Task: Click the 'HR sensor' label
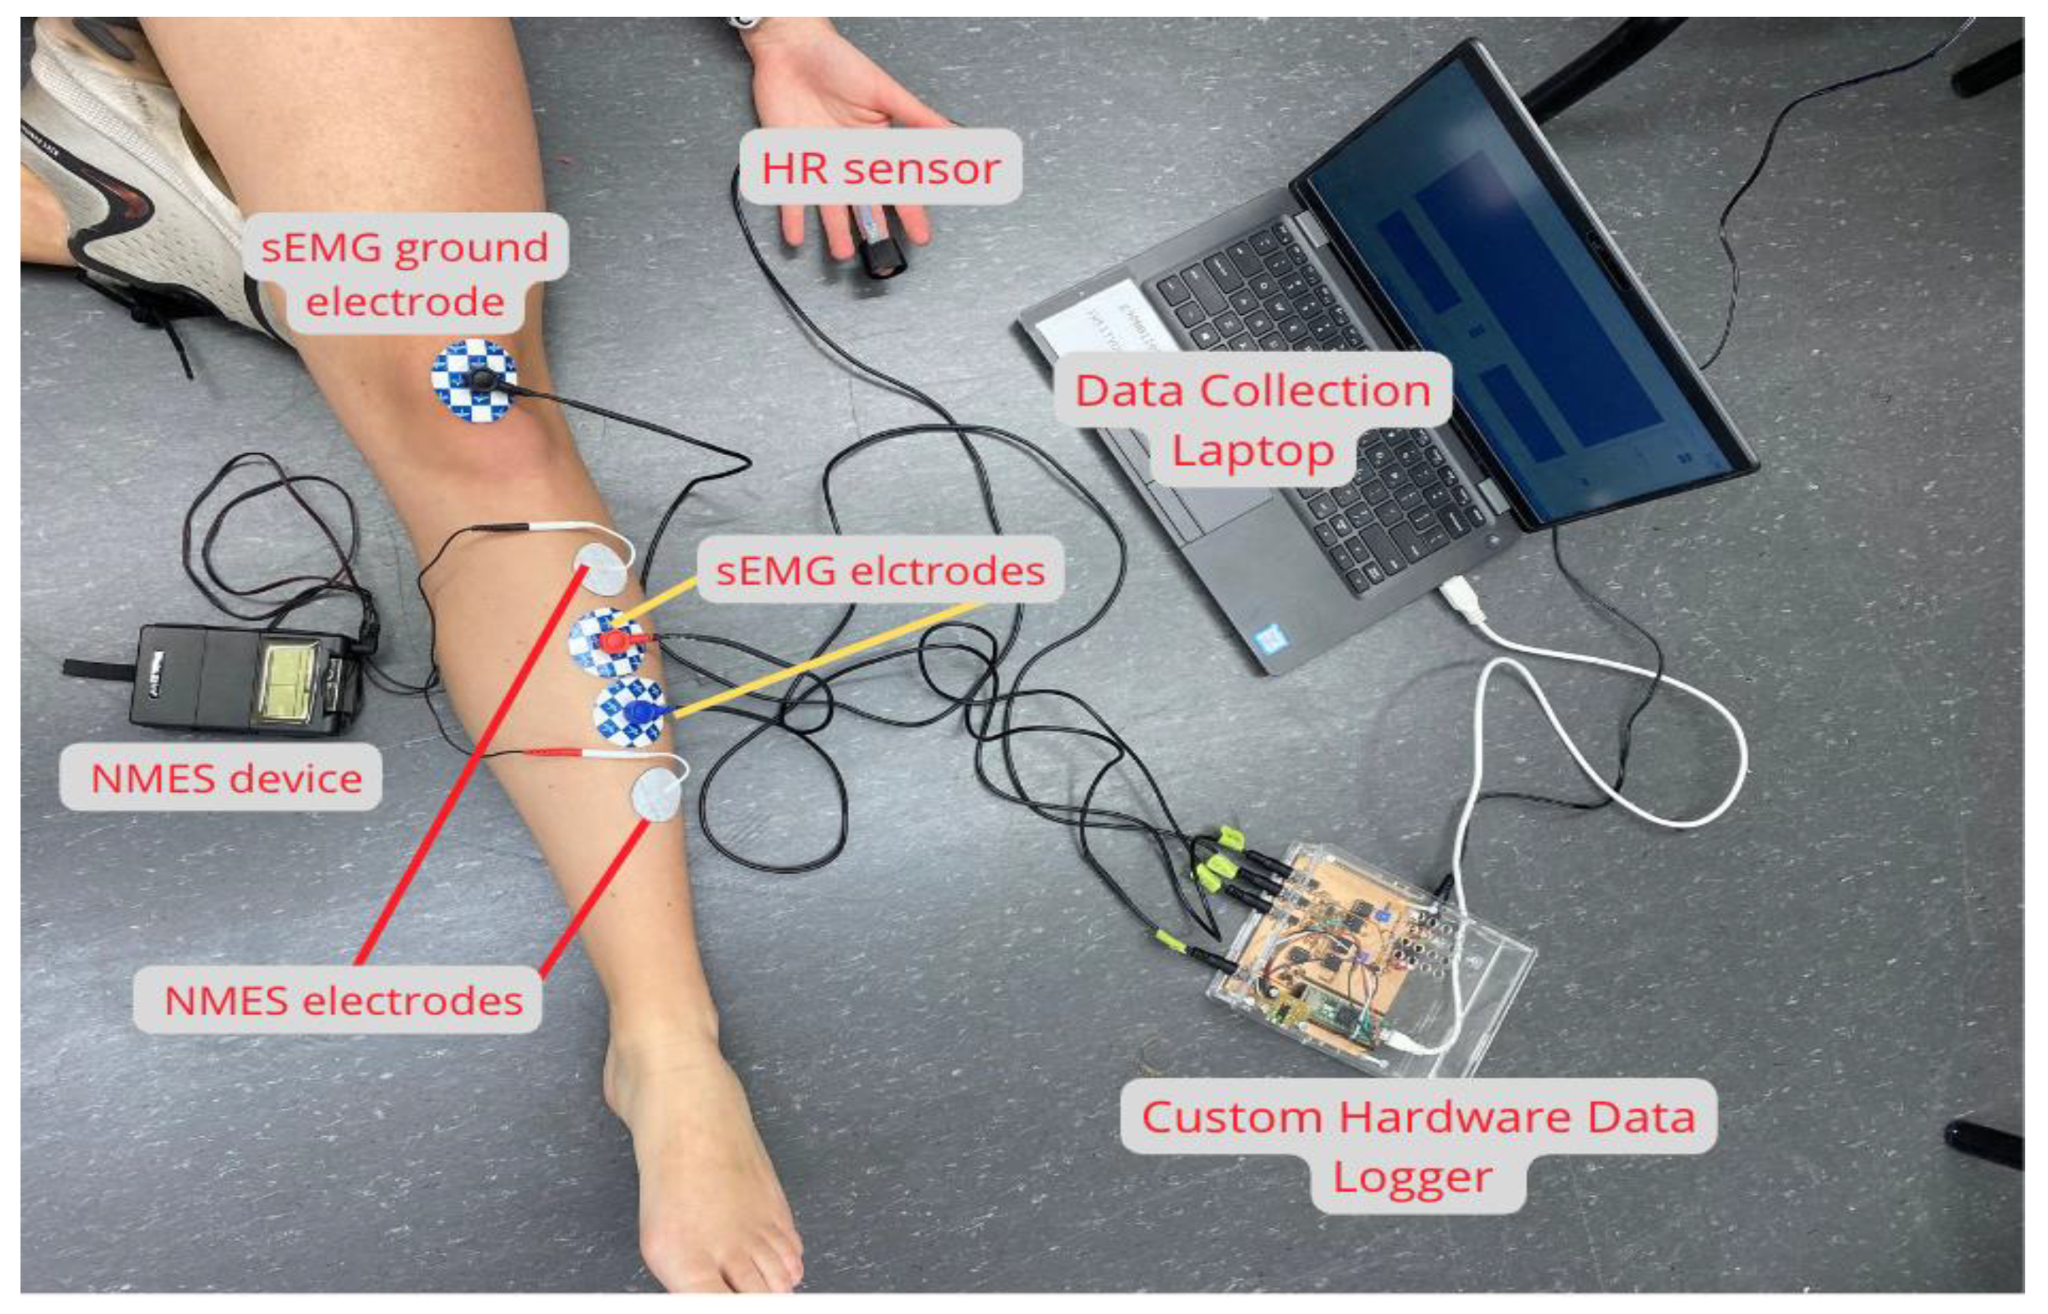880,167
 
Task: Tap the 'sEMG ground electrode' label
404,273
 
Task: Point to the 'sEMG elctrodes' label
880,570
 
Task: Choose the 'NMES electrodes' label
343,1000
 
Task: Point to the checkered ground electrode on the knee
474,380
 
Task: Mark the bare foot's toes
734,1272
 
